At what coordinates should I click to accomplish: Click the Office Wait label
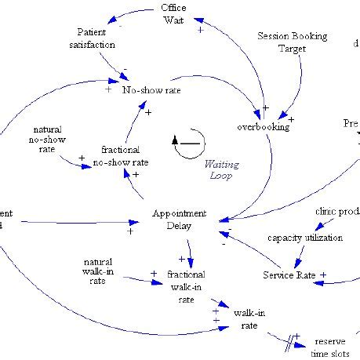click(173, 14)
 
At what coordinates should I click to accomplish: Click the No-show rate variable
click(146, 89)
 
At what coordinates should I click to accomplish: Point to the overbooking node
click(263, 125)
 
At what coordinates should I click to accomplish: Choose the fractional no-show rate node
click(120, 155)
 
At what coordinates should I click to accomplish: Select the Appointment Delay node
click(180, 219)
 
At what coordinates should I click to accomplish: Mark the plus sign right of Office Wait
click(200, 29)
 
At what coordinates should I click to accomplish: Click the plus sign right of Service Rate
click(323, 275)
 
